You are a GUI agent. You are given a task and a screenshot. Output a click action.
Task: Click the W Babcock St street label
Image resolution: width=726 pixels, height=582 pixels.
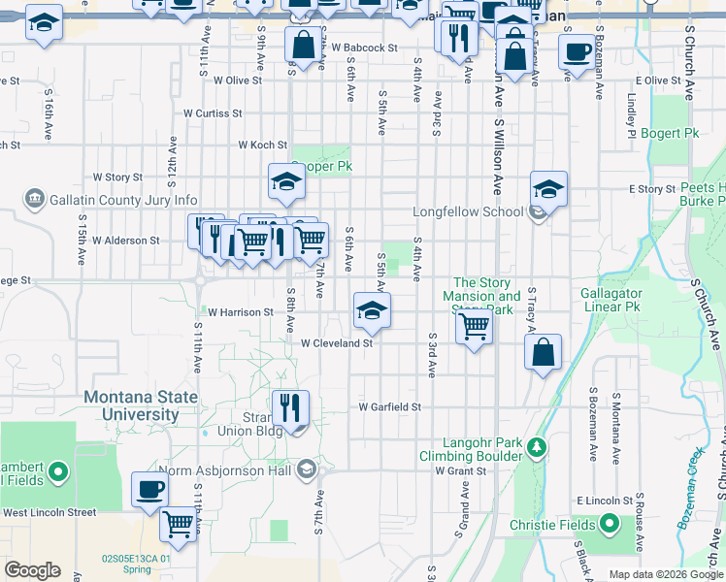[x=364, y=47]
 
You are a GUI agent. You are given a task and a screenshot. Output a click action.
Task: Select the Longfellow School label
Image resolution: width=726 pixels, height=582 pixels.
[x=468, y=211]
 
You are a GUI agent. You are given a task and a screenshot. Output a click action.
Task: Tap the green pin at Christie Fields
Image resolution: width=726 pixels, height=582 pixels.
[x=610, y=525]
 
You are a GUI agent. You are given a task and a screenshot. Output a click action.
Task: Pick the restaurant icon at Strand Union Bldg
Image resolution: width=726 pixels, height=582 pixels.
[x=289, y=406]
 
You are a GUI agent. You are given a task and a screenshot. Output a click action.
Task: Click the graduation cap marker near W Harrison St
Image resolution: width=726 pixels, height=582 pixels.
[x=371, y=310]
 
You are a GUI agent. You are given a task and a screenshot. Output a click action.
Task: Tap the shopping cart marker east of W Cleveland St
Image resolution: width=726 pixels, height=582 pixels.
[x=473, y=326]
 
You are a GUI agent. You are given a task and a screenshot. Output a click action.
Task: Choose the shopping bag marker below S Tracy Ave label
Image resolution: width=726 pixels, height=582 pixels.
[x=544, y=353]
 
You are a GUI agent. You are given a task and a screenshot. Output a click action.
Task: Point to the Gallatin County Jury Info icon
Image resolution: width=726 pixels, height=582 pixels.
[x=36, y=200]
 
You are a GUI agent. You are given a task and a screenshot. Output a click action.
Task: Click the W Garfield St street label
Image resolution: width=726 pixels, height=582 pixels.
[x=389, y=407]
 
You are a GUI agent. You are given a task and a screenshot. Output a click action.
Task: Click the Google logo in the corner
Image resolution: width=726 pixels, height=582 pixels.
[x=31, y=570]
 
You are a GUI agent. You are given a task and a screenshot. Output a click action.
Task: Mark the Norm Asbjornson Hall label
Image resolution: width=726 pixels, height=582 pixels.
[x=239, y=471]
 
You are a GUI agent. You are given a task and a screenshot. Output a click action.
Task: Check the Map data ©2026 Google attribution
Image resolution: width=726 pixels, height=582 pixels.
[x=666, y=574]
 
